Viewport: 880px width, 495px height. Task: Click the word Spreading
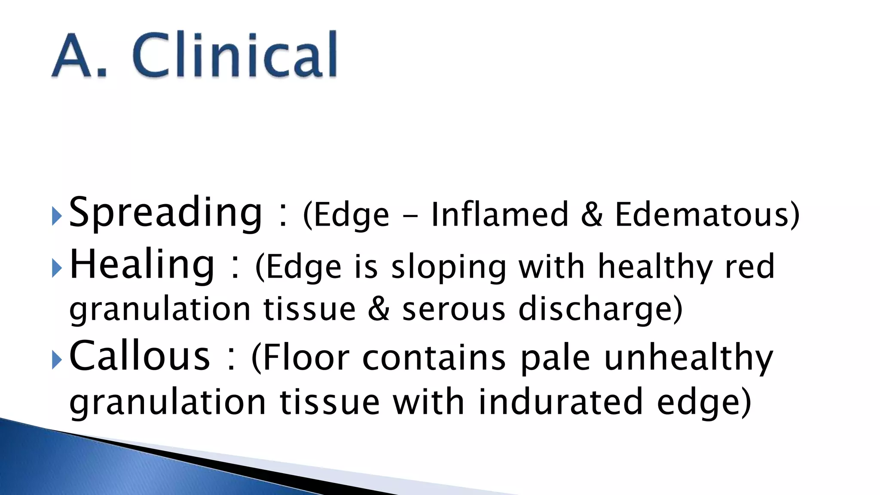[165, 212]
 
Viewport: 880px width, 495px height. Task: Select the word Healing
[142, 265]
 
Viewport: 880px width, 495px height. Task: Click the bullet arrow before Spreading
[57, 216]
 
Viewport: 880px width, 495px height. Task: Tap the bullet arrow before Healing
[57, 268]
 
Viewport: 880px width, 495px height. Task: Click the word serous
[454, 309]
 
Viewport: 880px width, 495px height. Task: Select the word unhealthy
[688, 358]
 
